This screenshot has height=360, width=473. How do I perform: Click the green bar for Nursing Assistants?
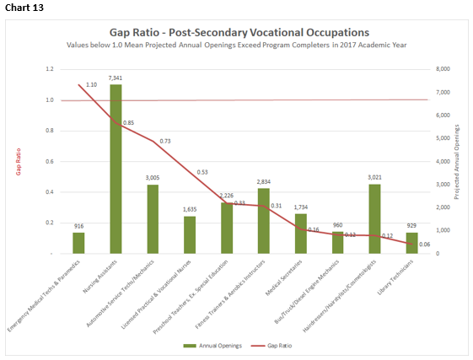116,169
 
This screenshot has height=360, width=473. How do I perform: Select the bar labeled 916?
78,243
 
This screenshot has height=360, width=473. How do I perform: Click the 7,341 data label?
116,78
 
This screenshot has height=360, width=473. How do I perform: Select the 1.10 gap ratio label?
91,85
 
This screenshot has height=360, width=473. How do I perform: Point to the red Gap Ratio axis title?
18,161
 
